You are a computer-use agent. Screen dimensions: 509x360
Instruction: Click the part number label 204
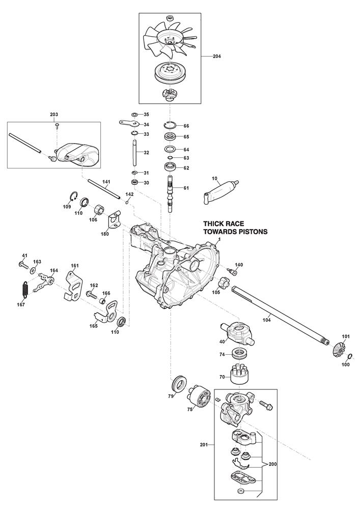click(x=217, y=57)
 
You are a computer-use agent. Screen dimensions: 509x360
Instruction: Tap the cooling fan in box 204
click(x=169, y=38)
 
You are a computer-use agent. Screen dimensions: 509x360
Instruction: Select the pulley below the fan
click(x=169, y=73)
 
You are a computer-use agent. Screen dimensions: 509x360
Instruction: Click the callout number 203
click(x=54, y=114)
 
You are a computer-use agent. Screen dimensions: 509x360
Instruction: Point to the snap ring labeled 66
click(x=170, y=126)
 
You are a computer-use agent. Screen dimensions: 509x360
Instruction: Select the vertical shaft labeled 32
click(x=135, y=153)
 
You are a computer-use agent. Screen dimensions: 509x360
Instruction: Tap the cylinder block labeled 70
click(x=237, y=376)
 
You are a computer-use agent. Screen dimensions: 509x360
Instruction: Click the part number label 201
click(x=203, y=444)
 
